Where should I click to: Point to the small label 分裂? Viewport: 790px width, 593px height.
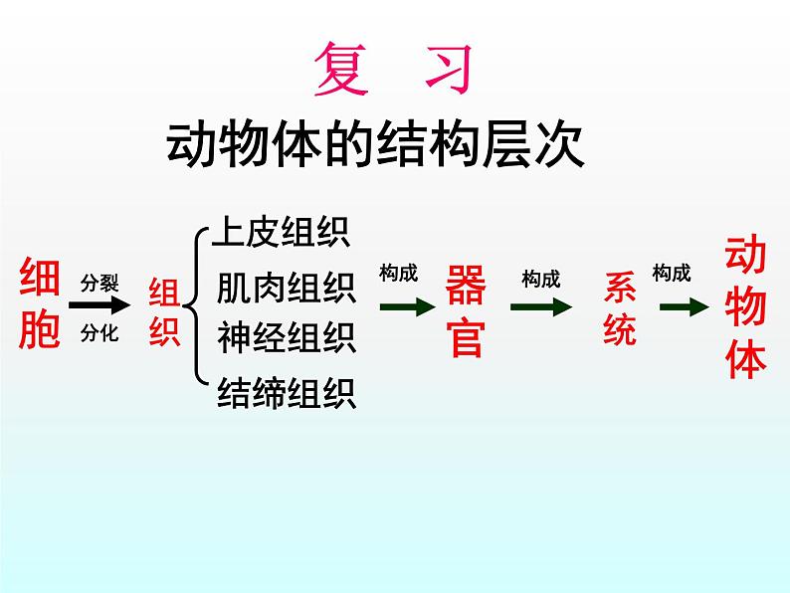[x=99, y=283]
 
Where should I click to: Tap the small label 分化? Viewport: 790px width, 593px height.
[x=99, y=333]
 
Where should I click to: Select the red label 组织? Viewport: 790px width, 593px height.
[x=164, y=312]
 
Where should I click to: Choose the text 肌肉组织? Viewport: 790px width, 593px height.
[x=287, y=289]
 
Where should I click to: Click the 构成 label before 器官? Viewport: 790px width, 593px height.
[x=399, y=274]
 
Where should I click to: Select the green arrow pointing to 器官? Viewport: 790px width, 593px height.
[x=407, y=307]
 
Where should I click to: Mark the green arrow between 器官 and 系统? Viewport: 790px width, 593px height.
[x=541, y=308]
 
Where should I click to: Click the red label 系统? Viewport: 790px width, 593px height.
[x=620, y=309]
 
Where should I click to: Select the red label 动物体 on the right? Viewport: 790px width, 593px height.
[x=745, y=308]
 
